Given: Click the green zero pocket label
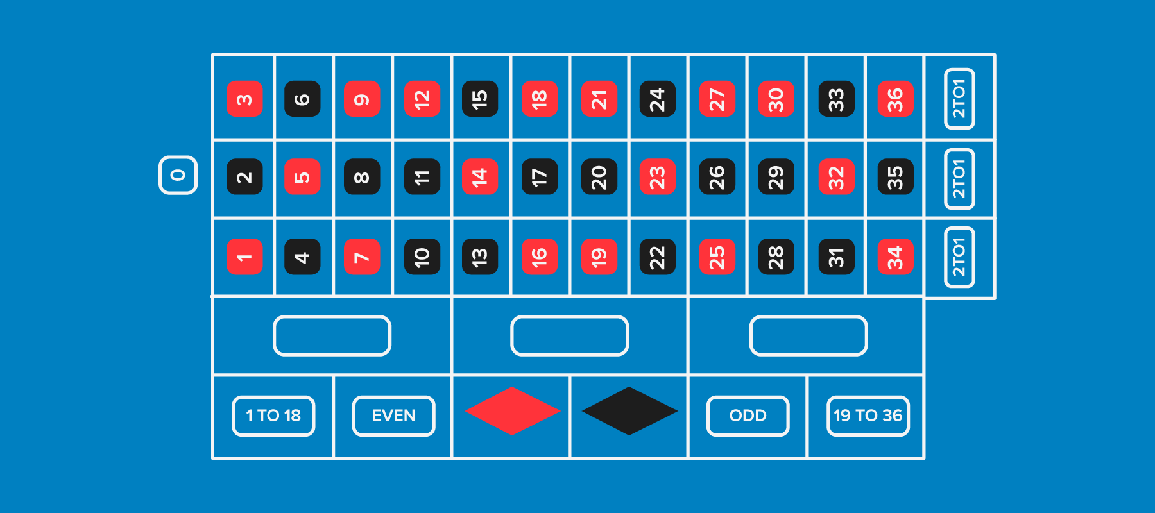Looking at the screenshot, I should coord(178,175).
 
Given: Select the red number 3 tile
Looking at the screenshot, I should coord(244,99).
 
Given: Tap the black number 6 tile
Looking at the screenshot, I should coord(302,99).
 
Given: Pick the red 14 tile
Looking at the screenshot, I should coord(480,176).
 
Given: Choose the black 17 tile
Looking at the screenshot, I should coord(539,176).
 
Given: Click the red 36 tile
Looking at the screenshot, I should coord(895,99).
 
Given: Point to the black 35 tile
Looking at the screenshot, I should coord(895,176).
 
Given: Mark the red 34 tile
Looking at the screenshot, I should coord(895,256).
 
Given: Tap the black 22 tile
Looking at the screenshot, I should coord(658,256).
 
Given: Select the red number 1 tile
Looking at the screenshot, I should coord(244,256).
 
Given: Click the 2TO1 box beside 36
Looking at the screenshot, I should coord(959,99).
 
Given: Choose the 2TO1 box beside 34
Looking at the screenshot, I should coord(959,256).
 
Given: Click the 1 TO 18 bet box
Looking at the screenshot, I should coord(273,416).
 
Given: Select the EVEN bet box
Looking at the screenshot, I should coord(393,416).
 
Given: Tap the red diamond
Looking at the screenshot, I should coord(512,411).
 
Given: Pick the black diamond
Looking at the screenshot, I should coord(629,411).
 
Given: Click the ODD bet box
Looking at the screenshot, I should coord(748,416).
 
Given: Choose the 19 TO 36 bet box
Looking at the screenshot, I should coord(868,416).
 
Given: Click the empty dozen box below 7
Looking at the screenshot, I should coord(332,335).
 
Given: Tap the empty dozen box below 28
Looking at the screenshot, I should coord(809,335).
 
